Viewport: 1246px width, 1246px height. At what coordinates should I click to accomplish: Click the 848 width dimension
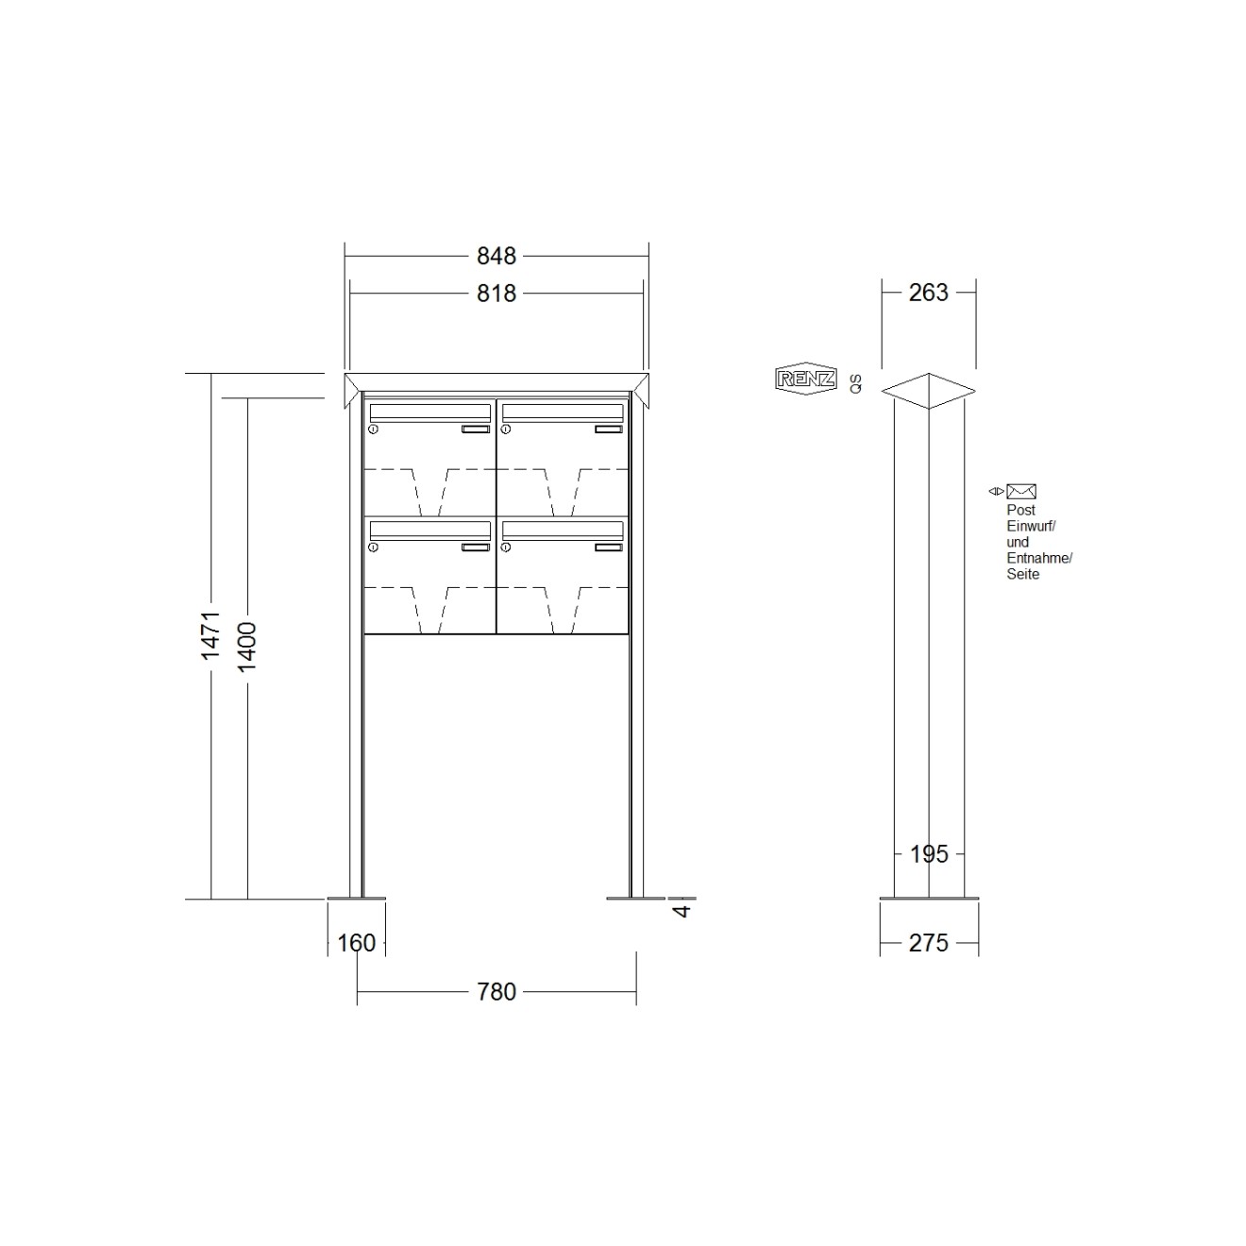[x=496, y=257]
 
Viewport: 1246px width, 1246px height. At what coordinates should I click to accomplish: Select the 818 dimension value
[x=496, y=295]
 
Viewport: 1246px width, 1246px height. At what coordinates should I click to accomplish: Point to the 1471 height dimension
[x=210, y=635]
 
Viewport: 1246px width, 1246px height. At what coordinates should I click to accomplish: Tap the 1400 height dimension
[x=247, y=648]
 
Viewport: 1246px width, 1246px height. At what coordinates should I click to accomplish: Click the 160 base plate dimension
[x=356, y=943]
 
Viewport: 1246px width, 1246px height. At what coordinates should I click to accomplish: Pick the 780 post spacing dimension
[x=496, y=992]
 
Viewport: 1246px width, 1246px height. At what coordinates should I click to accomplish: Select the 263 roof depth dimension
[x=929, y=293]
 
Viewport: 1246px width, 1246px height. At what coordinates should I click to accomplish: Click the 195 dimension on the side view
[x=929, y=854]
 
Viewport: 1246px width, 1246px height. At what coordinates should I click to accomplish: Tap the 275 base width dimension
[x=929, y=943]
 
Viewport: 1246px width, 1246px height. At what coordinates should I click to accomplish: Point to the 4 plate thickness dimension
[x=682, y=911]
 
